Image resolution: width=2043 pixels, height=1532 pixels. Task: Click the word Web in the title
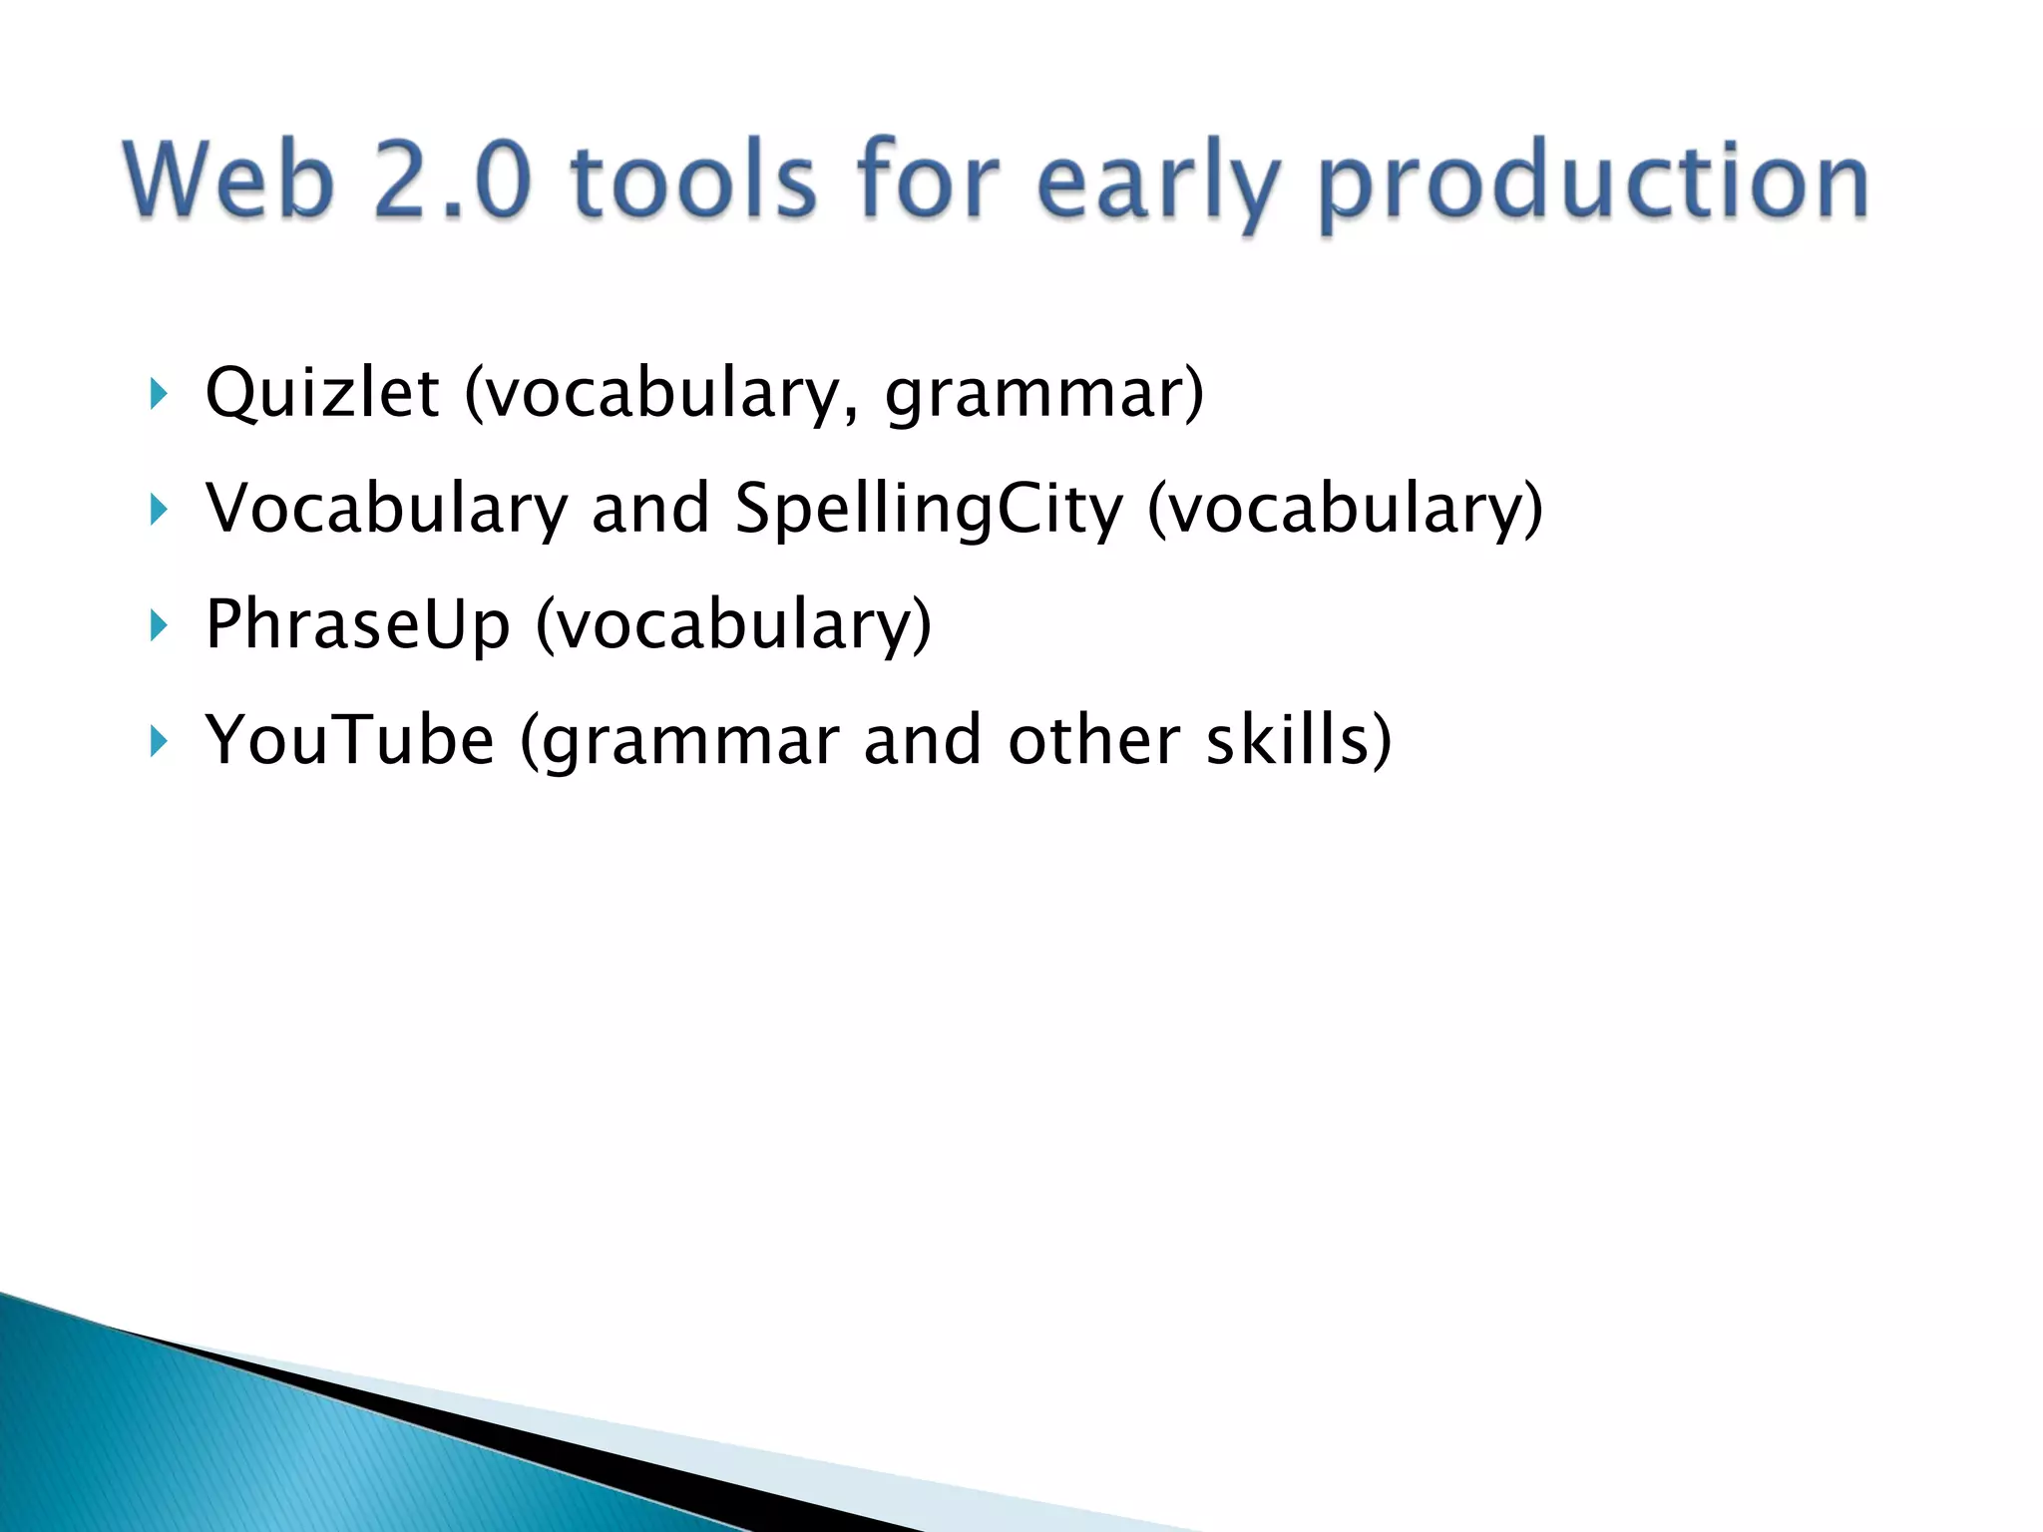228,181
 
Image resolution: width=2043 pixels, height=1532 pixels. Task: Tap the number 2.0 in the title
451,181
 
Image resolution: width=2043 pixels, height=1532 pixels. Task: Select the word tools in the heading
694,181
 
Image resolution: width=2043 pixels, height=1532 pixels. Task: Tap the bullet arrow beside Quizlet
159,394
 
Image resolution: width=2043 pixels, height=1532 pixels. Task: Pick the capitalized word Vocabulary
386,510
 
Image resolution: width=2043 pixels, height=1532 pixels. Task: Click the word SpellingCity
929,510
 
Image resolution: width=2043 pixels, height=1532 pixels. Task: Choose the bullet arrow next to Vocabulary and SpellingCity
159,510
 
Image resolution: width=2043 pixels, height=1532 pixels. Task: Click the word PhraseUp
357,625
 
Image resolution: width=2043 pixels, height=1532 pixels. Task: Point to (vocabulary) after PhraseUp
733,625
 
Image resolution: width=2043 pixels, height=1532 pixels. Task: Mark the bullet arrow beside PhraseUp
159,625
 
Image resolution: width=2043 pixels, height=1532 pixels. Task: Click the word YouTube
349,740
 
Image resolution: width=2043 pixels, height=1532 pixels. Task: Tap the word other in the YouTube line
1093,740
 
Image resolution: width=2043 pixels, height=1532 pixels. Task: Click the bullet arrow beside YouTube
159,741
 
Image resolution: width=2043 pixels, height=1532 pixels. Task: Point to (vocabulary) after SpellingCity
1345,510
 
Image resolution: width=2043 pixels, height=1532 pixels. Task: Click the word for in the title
927,181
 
